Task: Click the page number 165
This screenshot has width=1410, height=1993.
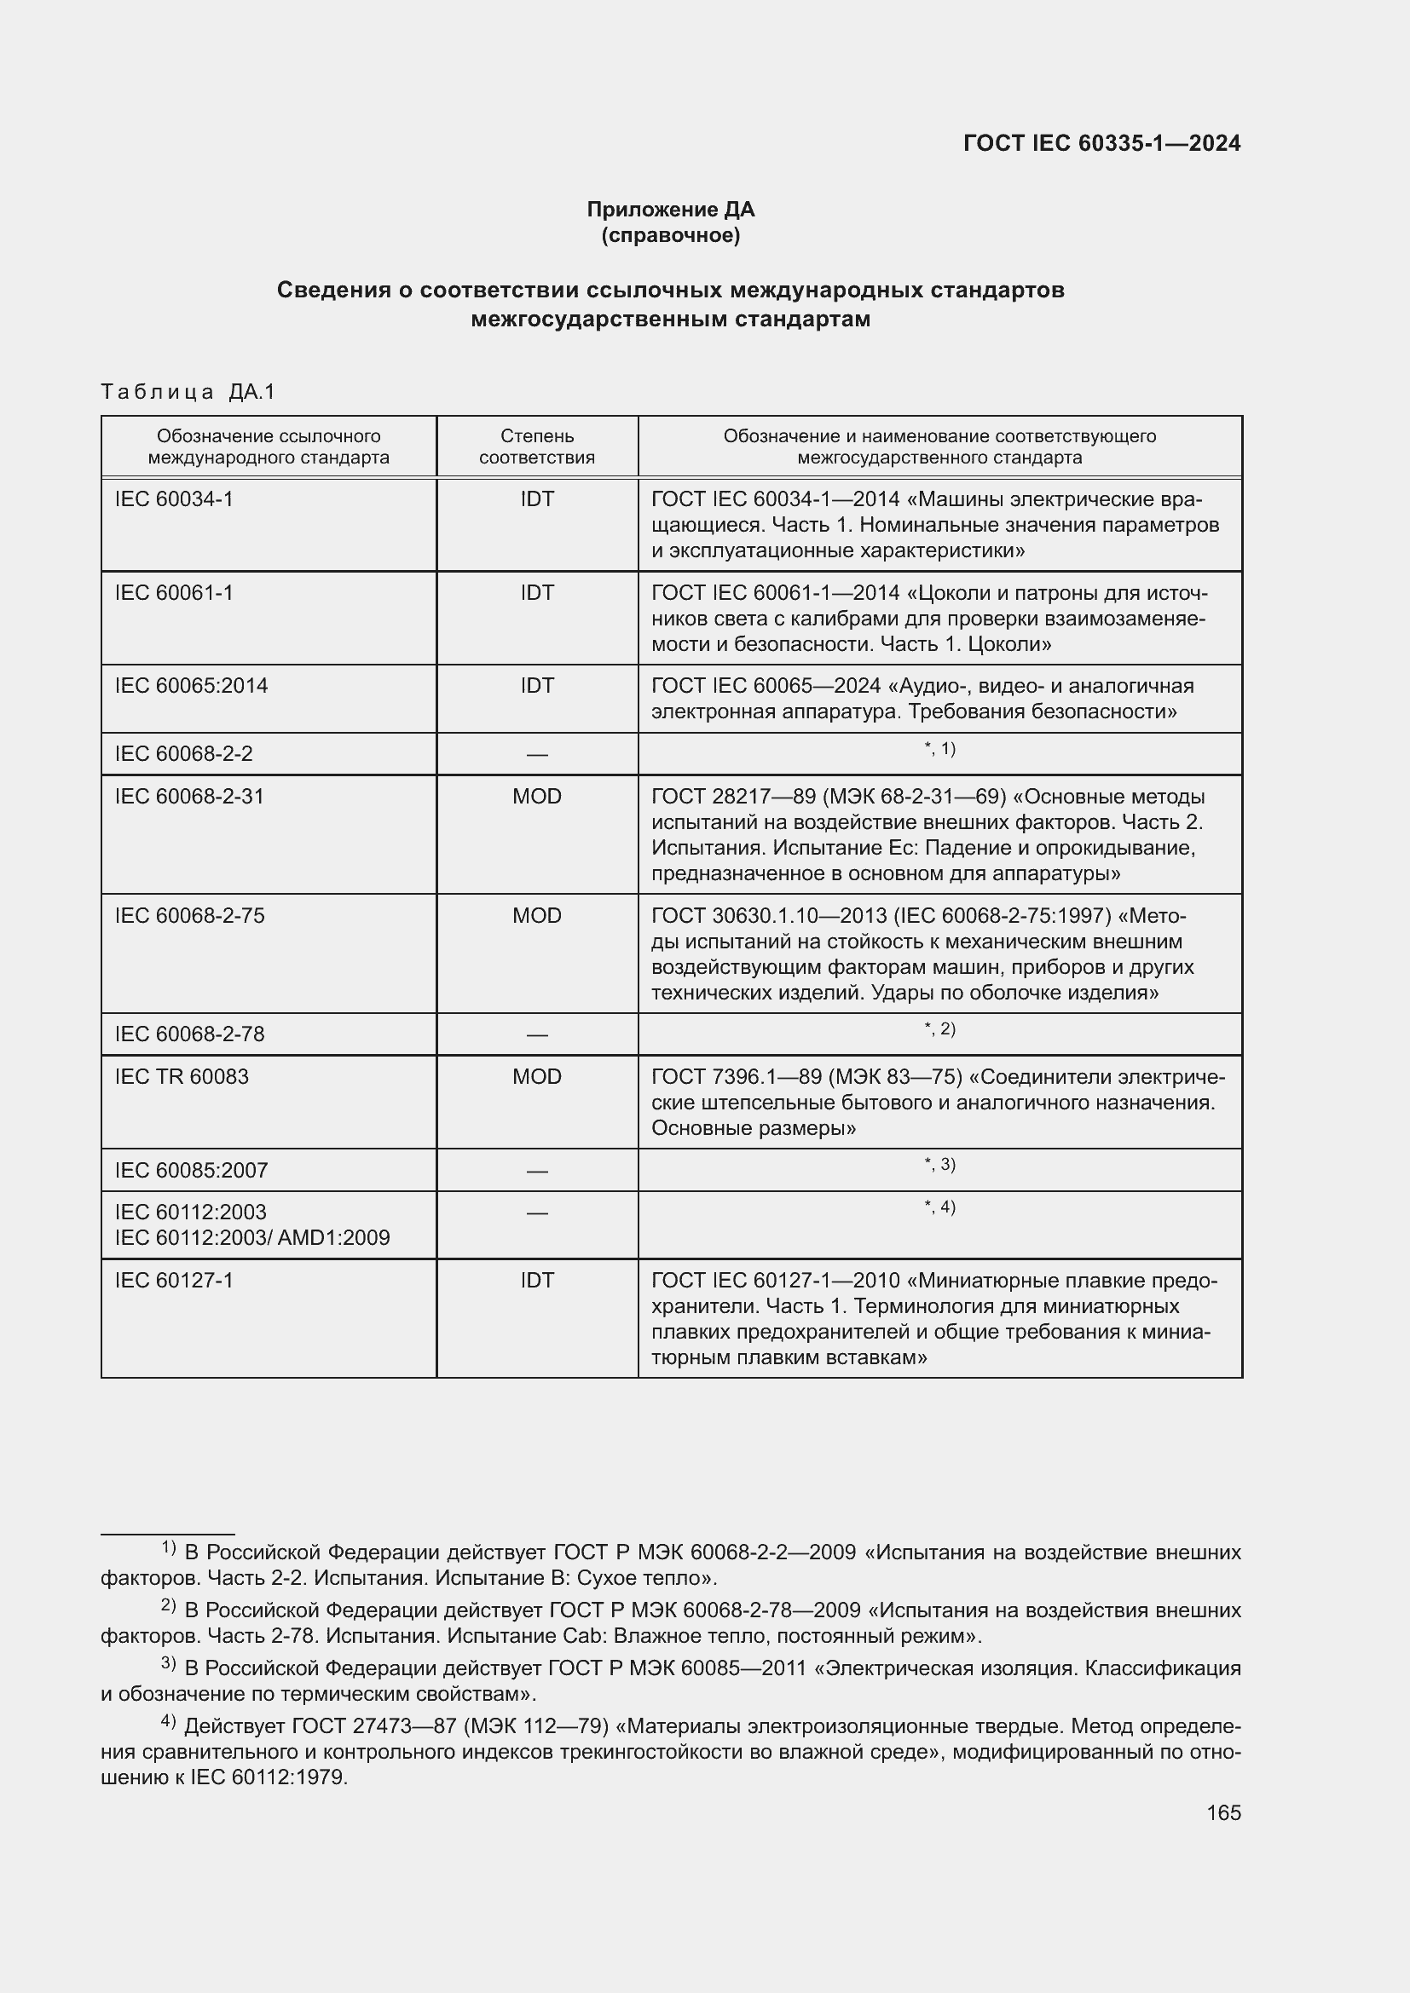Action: click(1222, 1812)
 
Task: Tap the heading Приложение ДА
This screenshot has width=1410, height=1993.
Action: click(670, 210)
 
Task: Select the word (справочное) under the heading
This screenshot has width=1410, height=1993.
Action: click(670, 235)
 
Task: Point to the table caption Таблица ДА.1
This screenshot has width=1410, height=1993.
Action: click(188, 391)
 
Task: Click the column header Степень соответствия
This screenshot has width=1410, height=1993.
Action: click(536, 446)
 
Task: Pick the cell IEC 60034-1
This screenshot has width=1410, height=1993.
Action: click(174, 499)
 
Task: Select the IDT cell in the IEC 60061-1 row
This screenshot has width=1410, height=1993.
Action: click(536, 593)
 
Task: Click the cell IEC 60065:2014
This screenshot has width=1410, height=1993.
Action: click(191, 686)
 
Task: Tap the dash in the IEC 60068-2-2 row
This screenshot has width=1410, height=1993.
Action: click(536, 754)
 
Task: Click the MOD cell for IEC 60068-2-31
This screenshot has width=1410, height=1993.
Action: click(536, 796)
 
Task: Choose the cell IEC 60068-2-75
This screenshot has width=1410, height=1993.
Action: click(189, 916)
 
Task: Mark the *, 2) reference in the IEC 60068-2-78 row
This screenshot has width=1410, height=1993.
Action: click(939, 1029)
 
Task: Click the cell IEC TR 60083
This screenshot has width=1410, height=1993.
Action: click(182, 1076)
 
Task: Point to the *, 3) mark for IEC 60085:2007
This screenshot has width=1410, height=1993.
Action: click(939, 1165)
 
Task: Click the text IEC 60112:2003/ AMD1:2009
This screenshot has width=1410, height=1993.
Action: click(251, 1237)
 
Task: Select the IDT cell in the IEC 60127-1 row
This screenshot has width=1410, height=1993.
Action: click(536, 1281)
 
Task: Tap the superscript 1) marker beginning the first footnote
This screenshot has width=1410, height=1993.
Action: click(169, 1547)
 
